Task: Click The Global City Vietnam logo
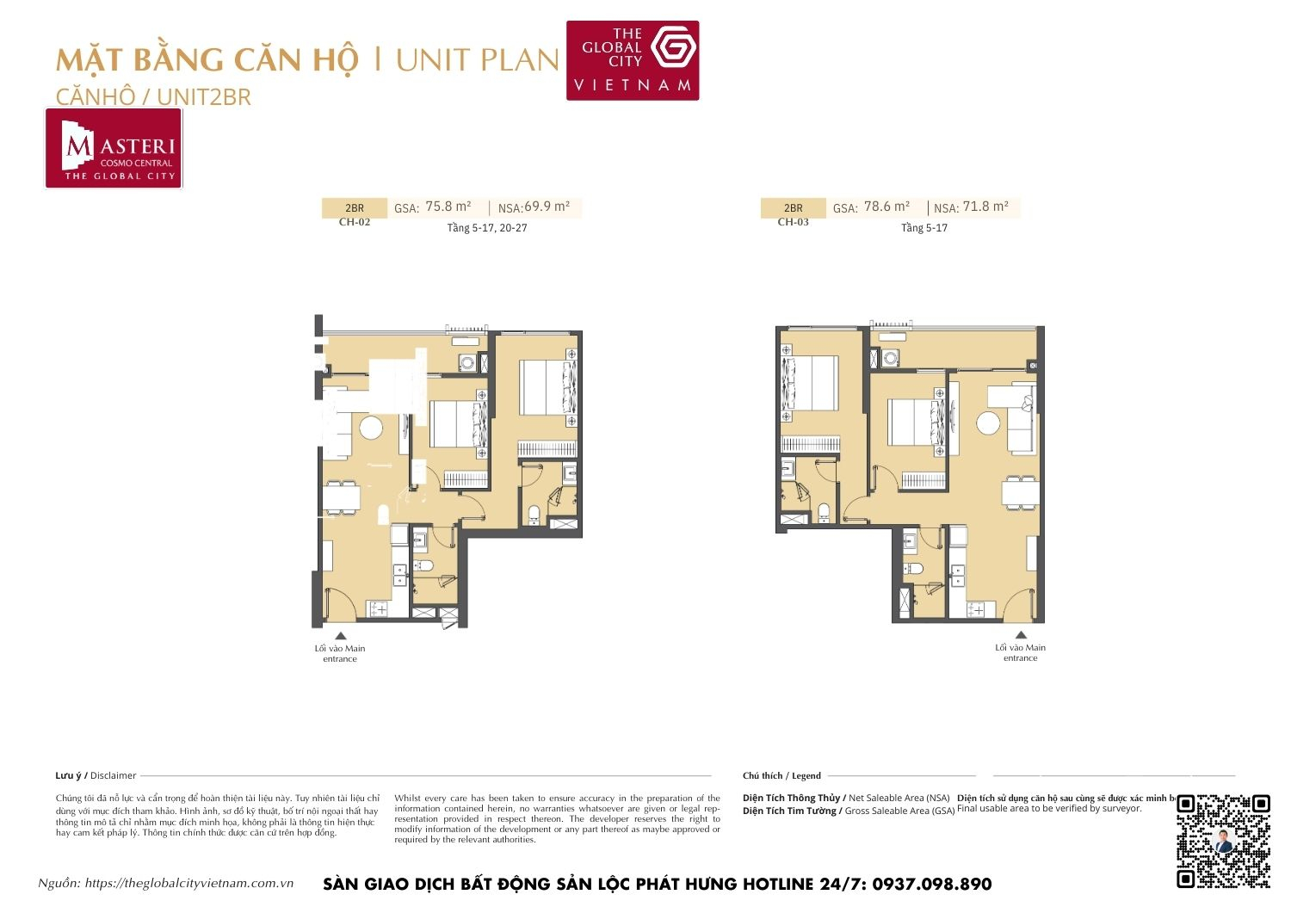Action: (x=633, y=60)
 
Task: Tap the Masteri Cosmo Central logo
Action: (x=114, y=149)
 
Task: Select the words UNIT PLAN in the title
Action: (x=478, y=60)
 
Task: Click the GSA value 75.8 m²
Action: (x=448, y=207)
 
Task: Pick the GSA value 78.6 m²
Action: (x=886, y=207)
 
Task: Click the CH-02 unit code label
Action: (x=355, y=222)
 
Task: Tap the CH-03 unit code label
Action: (x=793, y=222)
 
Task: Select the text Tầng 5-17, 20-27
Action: (x=487, y=228)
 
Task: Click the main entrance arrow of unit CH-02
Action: (x=340, y=636)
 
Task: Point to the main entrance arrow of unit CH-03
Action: (x=1021, y=635)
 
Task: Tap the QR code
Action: (x=1223, y=841)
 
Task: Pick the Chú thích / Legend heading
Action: (x=781, y=775)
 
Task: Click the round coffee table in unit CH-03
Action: (x=988, y=423)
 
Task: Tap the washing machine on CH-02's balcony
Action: (x=467, y=362)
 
